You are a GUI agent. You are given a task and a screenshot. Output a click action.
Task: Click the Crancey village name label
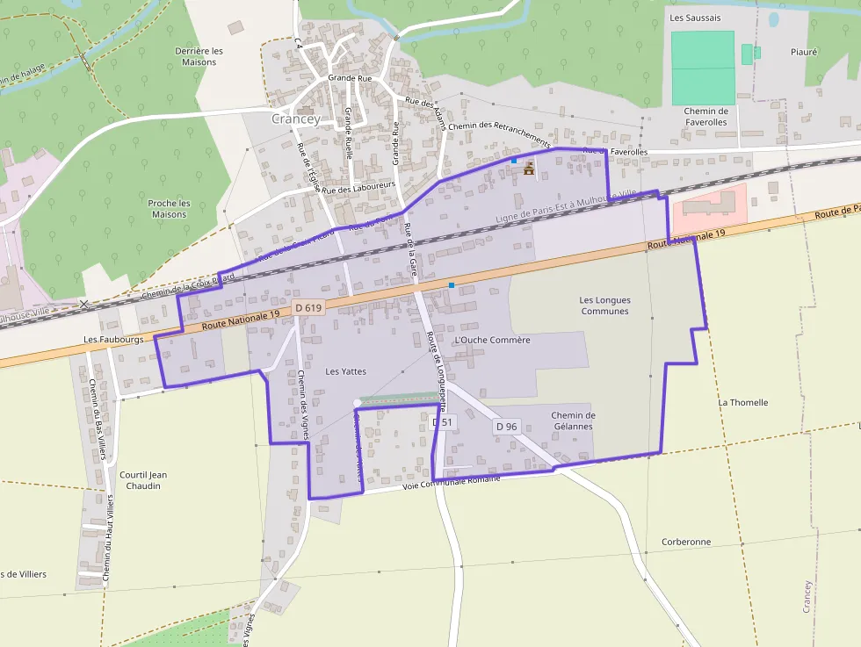[x=295, y=119]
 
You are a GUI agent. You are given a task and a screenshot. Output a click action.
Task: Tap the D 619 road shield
[x=309, y=308]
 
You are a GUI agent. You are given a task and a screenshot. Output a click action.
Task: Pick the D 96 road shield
[x=506, y=427]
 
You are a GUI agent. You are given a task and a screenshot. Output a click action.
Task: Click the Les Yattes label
[x=345, y=371]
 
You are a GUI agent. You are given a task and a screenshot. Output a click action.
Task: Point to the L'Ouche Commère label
[x=492, y=340]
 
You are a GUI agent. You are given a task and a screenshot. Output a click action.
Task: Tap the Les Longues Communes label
[x=604, y=306]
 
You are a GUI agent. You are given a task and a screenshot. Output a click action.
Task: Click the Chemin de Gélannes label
[x=573, y=421]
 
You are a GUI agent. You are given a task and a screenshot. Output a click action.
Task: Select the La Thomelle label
[x=743, y=403]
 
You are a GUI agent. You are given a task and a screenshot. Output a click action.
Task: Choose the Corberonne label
[x=686, y=542]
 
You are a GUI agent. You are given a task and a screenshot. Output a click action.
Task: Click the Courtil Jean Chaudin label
[x=142, y=480]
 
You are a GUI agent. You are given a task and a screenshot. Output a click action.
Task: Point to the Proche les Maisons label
[x=170, y=209]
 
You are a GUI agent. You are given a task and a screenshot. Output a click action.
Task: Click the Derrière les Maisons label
[x=199, y=56]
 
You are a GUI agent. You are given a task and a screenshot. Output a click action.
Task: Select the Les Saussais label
[x=694, y=17]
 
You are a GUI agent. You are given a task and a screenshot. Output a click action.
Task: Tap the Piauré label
[x=804, y=52]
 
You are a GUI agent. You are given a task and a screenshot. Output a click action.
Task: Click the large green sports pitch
[x=703, y=68]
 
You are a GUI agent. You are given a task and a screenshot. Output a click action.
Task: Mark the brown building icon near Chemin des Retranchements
[x=529, y=169]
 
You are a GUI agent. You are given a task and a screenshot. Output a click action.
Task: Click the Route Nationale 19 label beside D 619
[x=240, y=318]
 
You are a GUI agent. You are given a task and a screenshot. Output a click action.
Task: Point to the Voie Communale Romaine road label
[x=451, y=483]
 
